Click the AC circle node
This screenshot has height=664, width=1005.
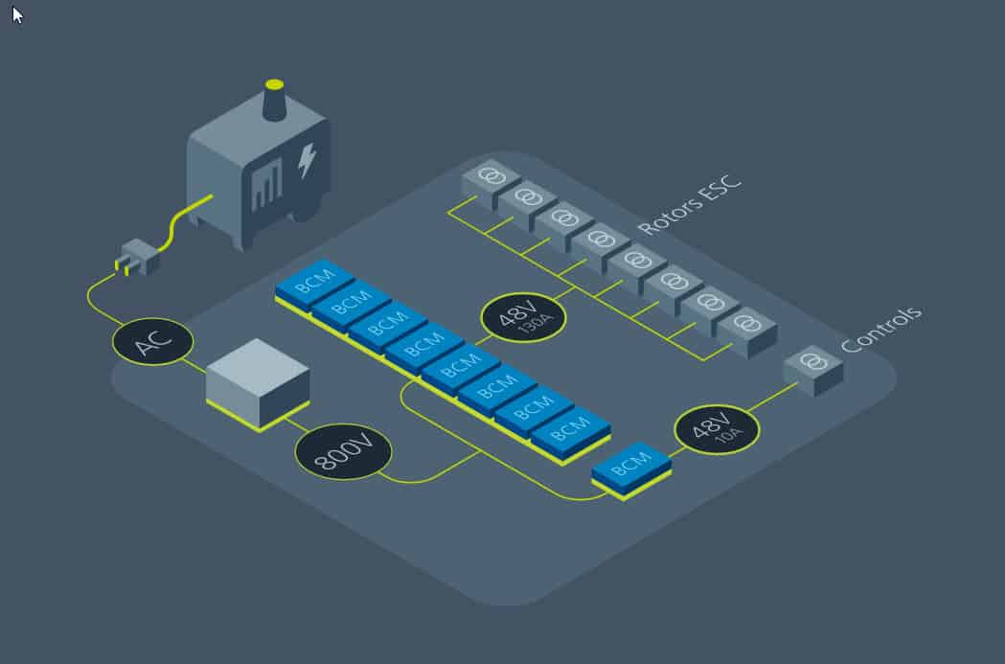[x=152, y=342]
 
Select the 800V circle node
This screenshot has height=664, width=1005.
[x=343, y=451]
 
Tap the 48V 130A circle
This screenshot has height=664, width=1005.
[x=523, y=317]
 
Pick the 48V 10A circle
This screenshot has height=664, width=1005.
[x=718, y=429]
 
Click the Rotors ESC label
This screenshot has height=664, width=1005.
[x=690, y=204]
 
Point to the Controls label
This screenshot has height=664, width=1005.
[x=881, y=330]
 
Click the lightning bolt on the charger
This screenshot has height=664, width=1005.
[x=307, y=160]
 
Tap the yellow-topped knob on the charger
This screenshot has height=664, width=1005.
[x=274, y=100]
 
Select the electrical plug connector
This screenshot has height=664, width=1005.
[x=137, y=258]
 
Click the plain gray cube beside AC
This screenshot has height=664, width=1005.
[x=259, y=383]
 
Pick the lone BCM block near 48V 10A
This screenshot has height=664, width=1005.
[x=631, y=469]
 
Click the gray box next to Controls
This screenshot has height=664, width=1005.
[x=813, y=370]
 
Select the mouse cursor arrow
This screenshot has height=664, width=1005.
[x=17, y=14]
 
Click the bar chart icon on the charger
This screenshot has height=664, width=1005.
[x=267, y=186]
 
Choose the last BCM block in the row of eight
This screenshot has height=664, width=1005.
[x=570, y=433]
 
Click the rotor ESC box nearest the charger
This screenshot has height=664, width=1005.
[x=491, y=183]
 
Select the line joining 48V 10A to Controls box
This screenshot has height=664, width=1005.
[x=773, y=397]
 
